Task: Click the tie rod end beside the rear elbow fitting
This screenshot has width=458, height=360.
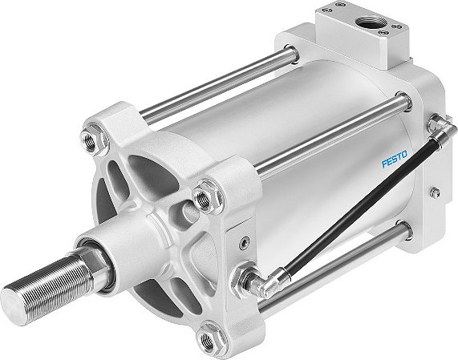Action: point(401,100)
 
